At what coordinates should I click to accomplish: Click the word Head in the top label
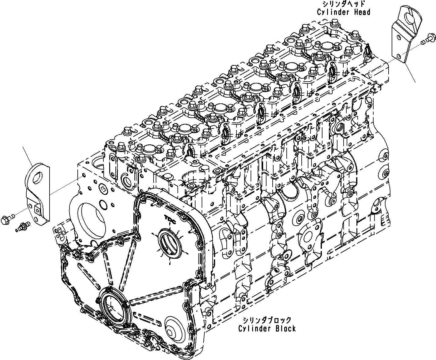(360, 12)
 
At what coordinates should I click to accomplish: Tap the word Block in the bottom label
(285, 328)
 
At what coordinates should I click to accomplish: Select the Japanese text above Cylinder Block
(267, 320)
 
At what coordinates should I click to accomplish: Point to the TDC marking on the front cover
(169, 218)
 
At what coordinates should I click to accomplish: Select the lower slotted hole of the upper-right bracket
(398, 56)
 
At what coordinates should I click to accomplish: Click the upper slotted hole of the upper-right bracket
(398, 37)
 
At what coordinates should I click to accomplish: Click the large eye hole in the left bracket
(38, 178)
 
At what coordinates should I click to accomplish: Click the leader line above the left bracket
(28, 156)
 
